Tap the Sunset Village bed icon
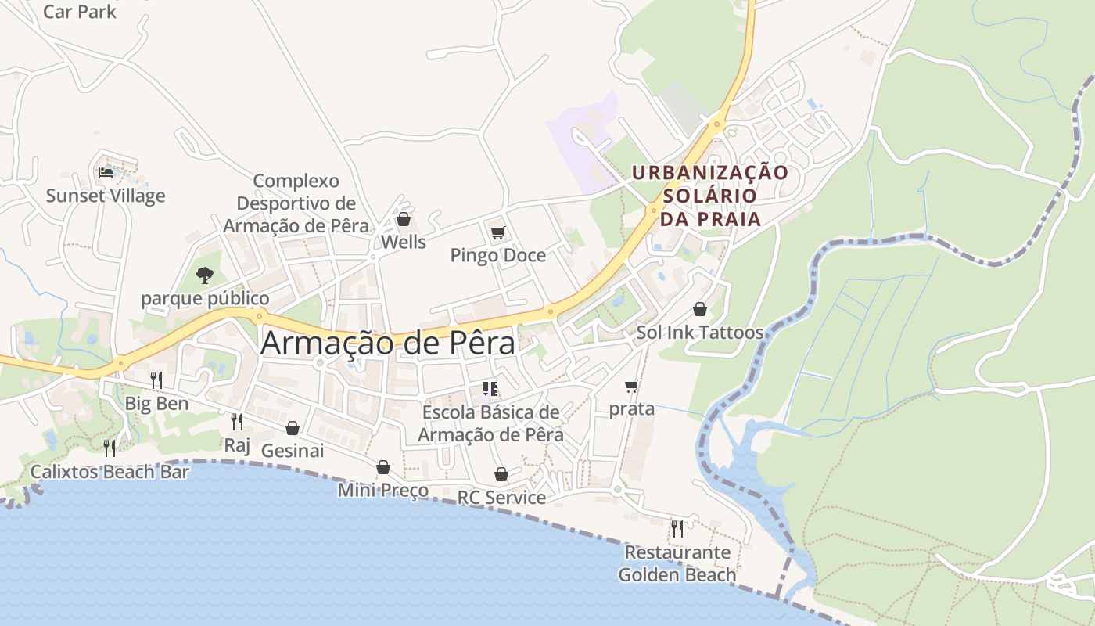coord(106,172)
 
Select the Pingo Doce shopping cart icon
coord(497,232)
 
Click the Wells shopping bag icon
coord(404,219)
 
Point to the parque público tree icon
coord(204,275)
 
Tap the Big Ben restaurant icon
coord(156,380)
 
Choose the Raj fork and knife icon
coord(237,422)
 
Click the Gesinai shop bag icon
coord(293,428)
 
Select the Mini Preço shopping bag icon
coord(383,467)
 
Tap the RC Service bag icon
coord(501,474)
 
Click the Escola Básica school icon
coord(490,388)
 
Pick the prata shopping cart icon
coord(632,386)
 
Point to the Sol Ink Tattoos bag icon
coord(700,309)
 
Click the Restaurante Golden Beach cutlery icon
coord(677,529)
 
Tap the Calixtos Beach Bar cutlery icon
coord(109,448)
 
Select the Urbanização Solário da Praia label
coord(710,196)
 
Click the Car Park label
coord(79,12)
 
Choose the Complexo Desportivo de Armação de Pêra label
coord(296,203)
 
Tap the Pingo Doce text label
coord(498,256)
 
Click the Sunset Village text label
coord(106,196)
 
